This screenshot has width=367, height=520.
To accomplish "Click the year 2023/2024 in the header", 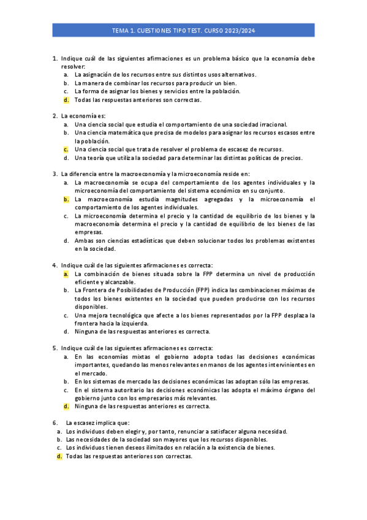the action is [241, 29].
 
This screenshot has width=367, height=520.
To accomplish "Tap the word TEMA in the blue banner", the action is [121, 29].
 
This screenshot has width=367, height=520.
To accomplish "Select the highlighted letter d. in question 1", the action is [66, 99].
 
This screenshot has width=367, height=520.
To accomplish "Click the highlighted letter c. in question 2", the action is [66, 149].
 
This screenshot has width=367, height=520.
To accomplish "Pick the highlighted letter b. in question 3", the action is [66, 199].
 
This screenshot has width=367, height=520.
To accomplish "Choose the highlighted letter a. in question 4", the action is [66, 274].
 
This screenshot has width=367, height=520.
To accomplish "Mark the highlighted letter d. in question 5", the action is [66, 406].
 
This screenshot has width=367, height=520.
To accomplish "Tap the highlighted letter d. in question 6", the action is [59, 456].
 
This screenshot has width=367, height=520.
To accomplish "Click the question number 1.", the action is [55, 58].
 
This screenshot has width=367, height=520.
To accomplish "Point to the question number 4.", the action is [55, 266].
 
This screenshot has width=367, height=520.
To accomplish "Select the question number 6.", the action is [55, 422].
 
